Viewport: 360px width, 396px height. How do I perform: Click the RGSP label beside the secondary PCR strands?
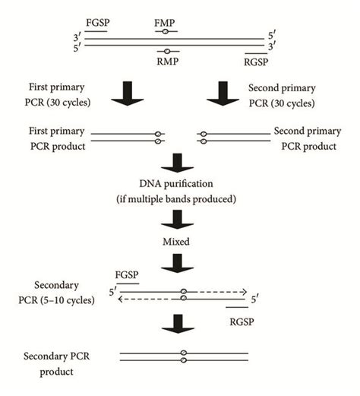point(241,321)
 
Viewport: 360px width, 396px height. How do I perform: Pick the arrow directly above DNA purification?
point(180,162)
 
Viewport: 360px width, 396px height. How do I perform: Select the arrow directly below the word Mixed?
point(180,261)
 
